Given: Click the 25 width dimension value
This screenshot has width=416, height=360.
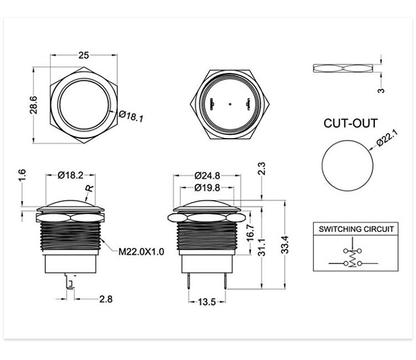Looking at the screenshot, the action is [x=84, y=55].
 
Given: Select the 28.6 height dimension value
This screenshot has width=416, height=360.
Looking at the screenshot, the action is [x=33, y=105].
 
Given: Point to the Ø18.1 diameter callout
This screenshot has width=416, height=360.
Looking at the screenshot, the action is [x=131, y=116].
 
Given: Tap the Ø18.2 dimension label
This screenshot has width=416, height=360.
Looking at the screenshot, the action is [x=70, y=175].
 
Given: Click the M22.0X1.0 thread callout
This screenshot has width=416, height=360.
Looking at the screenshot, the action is [x=141, y=251].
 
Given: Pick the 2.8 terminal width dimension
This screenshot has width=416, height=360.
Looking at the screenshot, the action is [x=106, y=299].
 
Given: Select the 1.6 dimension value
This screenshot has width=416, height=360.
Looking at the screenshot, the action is [x=22, y=175].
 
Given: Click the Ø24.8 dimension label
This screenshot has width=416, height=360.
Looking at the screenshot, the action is [x=207, y=176].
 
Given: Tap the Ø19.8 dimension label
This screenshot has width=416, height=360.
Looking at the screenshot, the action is [x=207, y=187].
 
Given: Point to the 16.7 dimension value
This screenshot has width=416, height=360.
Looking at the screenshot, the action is [x=251, y=233].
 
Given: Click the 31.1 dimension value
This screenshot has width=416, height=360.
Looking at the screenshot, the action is [x=262, y=247].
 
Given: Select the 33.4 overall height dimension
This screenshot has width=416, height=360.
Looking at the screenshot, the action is [x=285, y=245].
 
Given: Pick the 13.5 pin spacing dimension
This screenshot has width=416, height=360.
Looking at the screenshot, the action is [x=207, y=302].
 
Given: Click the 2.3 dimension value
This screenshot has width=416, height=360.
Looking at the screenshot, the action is [x=262, y=169].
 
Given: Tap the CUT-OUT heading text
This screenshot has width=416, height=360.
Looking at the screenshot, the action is [x=351, y=123].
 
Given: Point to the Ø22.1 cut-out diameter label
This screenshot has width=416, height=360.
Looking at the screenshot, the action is [x=388, y=138].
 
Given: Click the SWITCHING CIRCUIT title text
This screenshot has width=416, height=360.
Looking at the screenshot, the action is [x=356, y=229].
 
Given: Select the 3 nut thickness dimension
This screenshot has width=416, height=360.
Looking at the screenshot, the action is [x=381, y=90].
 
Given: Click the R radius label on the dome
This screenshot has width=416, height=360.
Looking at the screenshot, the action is [x=90, y=188].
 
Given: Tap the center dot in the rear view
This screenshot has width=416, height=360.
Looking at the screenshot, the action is [x=230, y=104].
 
